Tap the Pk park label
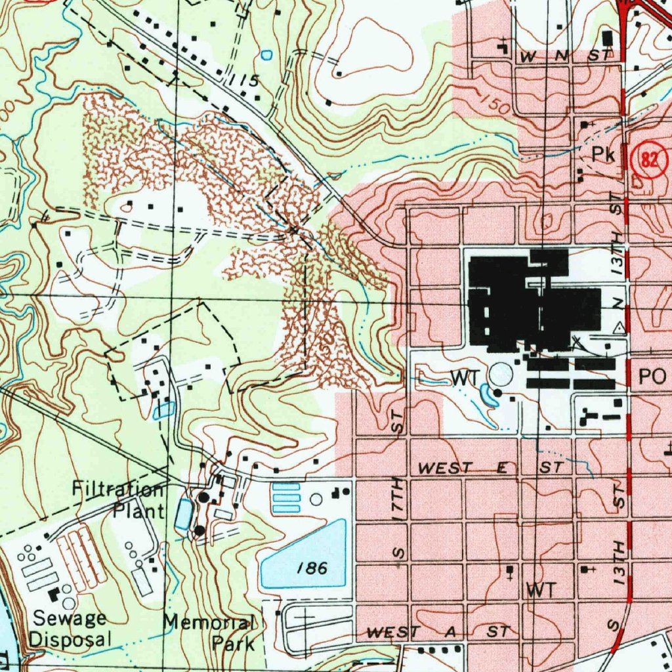tap(602, 155)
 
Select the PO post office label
tap(652, 376)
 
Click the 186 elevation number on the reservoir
tap(312, 568)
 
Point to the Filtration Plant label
tap(118, 499)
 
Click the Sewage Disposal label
tap(71, 628)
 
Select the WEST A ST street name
tap(438, 632)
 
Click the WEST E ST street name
tap(490, 468)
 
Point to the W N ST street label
tap(564, 57)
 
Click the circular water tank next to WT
tap(501, 375)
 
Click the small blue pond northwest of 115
tap(266, 55)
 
